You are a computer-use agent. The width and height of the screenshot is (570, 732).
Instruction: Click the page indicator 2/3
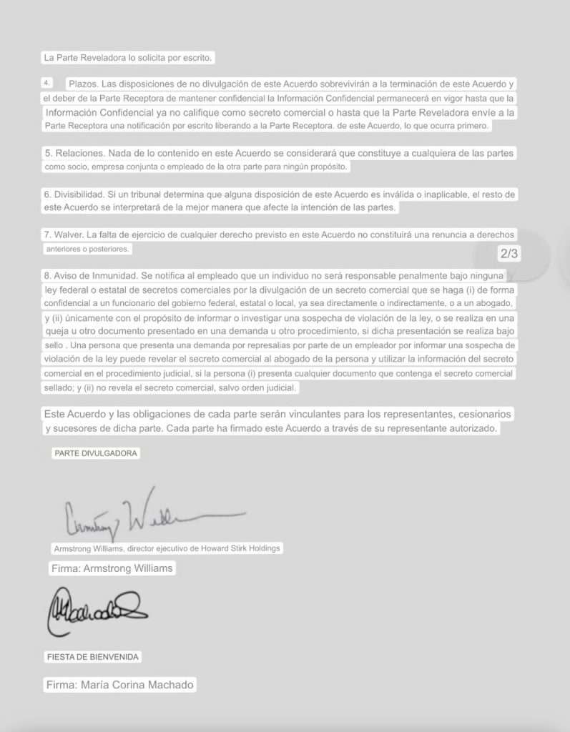coord(508,254)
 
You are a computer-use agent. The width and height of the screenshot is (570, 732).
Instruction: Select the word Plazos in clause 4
coord(83,84)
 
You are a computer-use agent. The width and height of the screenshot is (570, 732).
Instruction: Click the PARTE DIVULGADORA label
coord(96,453)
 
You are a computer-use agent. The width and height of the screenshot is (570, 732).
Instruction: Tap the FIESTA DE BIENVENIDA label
coord(93,656)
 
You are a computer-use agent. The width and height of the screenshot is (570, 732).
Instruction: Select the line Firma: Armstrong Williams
coord(112,568)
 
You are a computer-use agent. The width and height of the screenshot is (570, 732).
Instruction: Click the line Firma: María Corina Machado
coord(119,684)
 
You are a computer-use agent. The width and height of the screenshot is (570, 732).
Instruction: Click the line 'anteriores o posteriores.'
coord(88,249)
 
